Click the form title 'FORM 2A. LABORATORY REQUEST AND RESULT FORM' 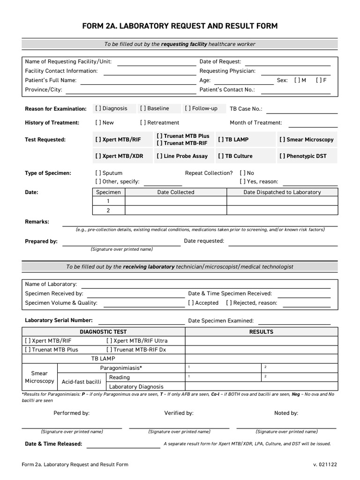coord(180,26)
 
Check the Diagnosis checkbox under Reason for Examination coord(98,108)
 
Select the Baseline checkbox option coord(143,108)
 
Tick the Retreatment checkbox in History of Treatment coord(143,123)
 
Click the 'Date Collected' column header coord(176,192)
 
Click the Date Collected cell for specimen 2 coord(176,210)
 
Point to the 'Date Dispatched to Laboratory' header coord(282,192)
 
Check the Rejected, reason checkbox coord(229,303)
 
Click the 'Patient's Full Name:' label coord(51,80)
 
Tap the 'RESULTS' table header coord(261,331)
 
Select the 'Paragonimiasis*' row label coord(121,368)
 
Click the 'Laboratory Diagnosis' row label coord(136,387)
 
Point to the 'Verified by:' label coord(179,413)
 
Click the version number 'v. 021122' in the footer coord(325,465)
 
